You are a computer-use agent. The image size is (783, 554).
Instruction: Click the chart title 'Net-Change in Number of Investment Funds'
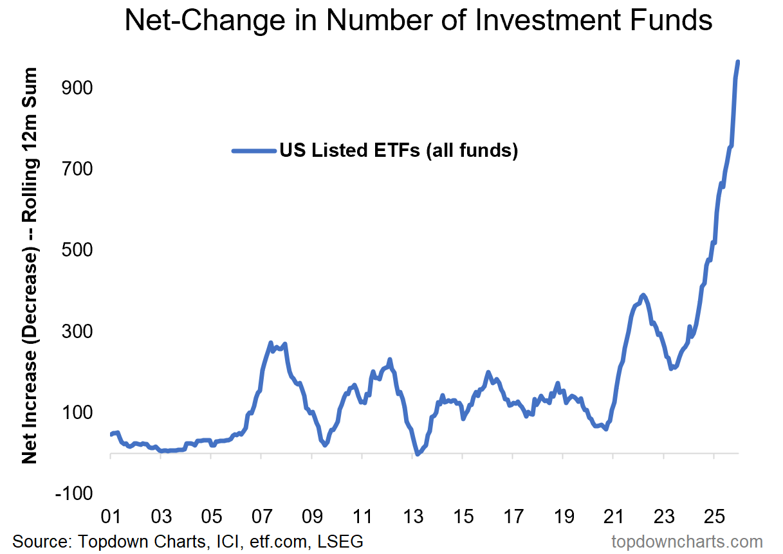pyautogui.click(x=418, y=21)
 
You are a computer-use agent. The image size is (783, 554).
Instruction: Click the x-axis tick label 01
pyautogui.click(x=111, y=516)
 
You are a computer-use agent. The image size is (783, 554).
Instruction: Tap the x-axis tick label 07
pyautogui.click(x=261, y=516)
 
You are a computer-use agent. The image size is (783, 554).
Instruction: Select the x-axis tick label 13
pyautogui.click(x=412, y=516)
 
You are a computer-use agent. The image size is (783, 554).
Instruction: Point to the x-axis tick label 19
pyautogui.click(x=563, y=516)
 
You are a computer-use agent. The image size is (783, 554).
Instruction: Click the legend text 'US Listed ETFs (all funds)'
pyautogui.click(x=398, y=151)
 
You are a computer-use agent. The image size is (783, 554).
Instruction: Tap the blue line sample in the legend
pyautogui.click(x=254, y=151)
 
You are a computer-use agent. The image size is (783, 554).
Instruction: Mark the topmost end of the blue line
pyautogui.click(x=738, y=62)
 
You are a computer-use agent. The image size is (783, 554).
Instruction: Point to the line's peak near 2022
pyautogui.click(x=643, y=295)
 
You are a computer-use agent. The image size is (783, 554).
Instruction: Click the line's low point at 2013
pyautogui.click(x=418, y=454)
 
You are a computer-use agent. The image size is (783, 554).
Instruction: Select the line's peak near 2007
pyautogui.click(x=271, y=343)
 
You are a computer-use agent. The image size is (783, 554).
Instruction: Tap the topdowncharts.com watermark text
pyautogui.click(x=686, y=541)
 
